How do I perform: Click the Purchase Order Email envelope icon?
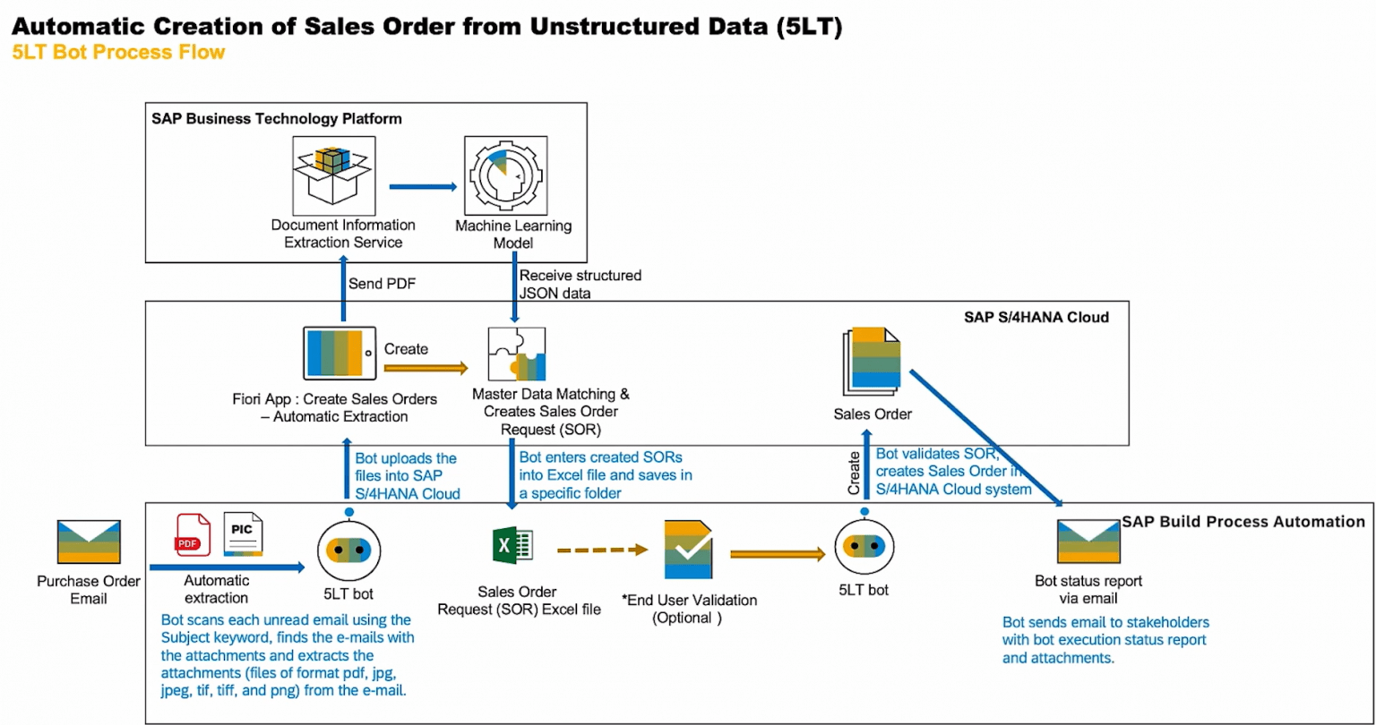click(x=89, y=542)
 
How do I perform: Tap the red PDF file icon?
click(x=193, y=533)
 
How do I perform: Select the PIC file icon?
click(x=243, y=535)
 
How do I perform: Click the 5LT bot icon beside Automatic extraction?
click(x=349, y=547)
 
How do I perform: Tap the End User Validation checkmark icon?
click(x=687, y=549)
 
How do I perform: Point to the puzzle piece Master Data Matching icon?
click(x=515, y=355)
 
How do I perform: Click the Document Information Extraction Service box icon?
click(x=330, y=174)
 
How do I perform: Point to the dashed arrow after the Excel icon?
click(x=602, y=549)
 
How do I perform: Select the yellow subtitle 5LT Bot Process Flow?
click(x=117, y=53)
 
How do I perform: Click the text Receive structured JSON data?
click(x=580, y=284)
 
